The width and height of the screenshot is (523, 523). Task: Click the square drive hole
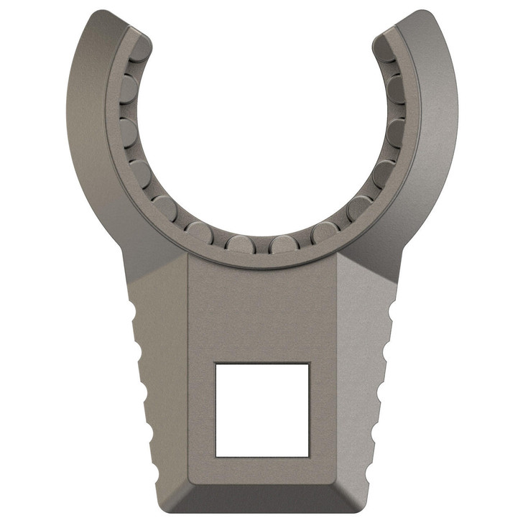[262, 409]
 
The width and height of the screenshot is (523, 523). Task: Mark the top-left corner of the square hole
[216, 363]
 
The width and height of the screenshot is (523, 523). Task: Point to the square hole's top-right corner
[310, 363]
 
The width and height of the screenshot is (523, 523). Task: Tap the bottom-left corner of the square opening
[216, 457]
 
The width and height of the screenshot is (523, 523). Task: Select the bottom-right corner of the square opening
[310, 457]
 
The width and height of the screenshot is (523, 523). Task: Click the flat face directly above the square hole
[262, 309]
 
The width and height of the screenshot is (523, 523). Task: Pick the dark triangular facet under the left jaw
[154, 269]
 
